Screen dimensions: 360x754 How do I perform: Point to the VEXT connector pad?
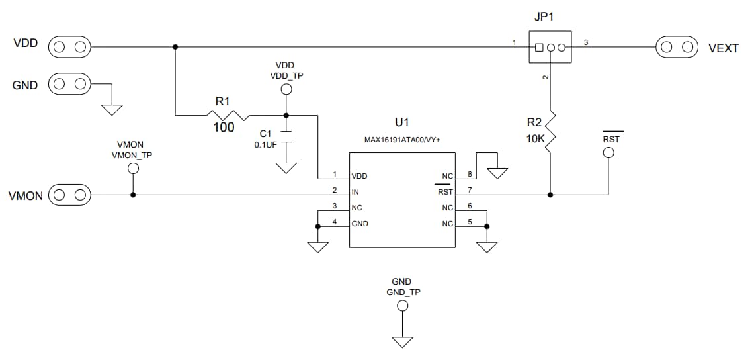coord(677,47)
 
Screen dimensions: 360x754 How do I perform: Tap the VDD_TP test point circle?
coord(286,89)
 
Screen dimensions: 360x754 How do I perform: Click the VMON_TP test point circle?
coord(133,169)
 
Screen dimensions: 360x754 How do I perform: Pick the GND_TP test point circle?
coord(401,306)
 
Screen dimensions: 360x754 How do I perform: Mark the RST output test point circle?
coord(608,154)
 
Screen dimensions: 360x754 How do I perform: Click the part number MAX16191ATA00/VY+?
coord(401,140)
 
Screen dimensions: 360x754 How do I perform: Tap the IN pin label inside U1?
coord(355,192)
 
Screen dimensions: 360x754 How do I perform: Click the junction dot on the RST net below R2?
coord(550,195)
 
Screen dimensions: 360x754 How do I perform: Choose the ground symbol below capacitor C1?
coord(286,167)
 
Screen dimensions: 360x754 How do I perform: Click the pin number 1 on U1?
coord(335,175)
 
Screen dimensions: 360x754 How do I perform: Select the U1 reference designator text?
coord(401,122)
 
